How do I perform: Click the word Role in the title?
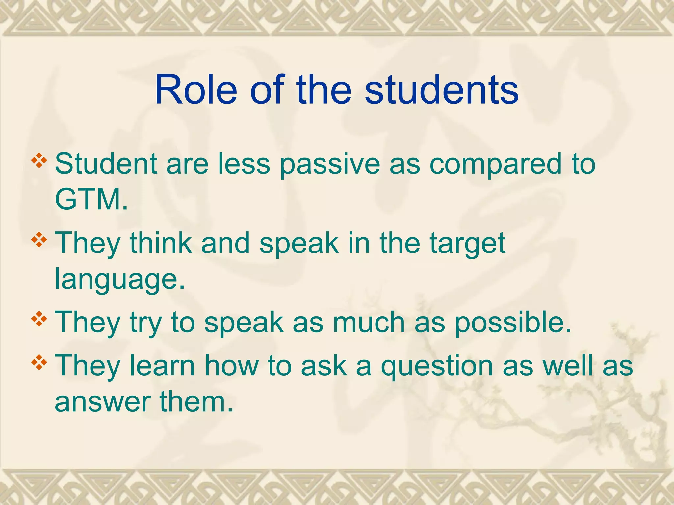click(196, 89)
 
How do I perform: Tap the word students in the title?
click(442, 89)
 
